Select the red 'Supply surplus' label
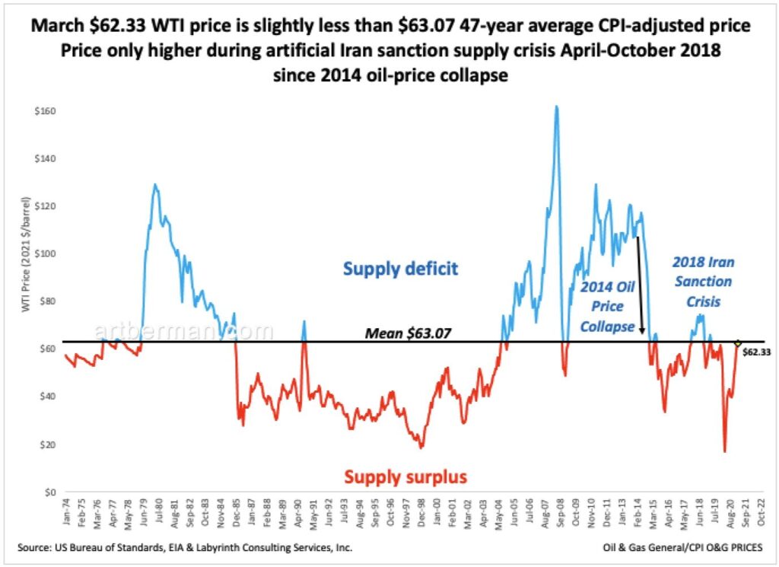click(405, 477)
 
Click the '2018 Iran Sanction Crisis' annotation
click(703, 281)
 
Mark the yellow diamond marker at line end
click(737, 343)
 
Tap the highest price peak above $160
click(556, 107)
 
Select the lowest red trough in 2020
click(725, 451)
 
